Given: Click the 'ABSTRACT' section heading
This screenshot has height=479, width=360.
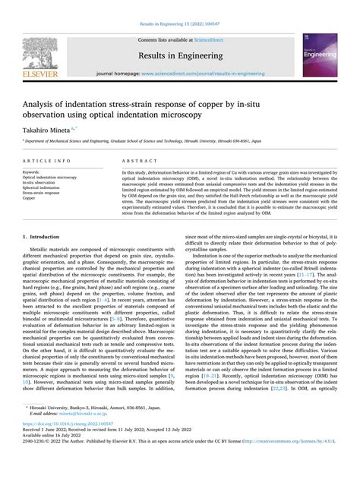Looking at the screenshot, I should pyautogui.click(x=138, y=162).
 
